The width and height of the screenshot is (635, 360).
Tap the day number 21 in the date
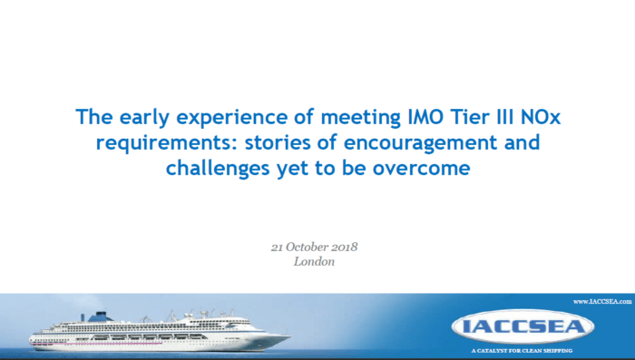[278, 247]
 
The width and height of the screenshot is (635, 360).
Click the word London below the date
[315, 261]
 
